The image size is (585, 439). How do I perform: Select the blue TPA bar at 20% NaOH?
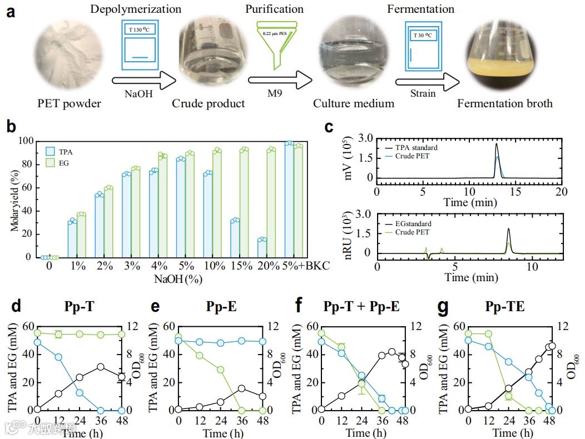click(262, 248)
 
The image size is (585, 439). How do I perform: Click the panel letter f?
click(299, 306)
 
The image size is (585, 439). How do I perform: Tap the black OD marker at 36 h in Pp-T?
click(101, 367)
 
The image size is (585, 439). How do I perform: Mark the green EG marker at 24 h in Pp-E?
click(221, 370)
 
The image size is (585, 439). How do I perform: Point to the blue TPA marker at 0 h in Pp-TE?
click(468, 340)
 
